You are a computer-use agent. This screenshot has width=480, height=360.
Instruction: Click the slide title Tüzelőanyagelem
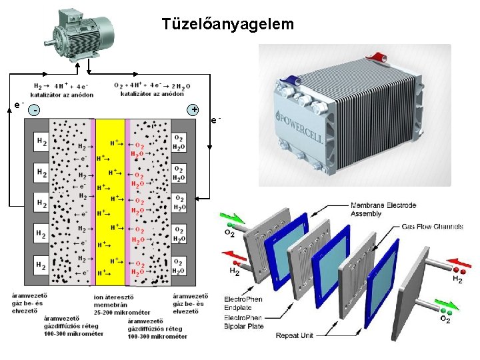pyautogui.click(x=227, y=25)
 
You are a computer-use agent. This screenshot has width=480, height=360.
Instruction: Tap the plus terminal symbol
pyautogui.click(x=194, y=109)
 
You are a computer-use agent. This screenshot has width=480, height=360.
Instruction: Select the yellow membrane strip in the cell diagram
pyautogui.click(x=110, y=197)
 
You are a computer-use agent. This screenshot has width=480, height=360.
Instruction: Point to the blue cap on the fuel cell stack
pyautogui.click(x=290, y=83)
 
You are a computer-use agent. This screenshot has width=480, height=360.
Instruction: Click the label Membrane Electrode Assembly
pyautogui.click(x=383, y=209)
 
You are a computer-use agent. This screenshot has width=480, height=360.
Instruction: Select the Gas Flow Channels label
pyautogui.click(x=432, y=227)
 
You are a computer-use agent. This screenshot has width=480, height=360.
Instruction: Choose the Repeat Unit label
pyautogui.click(x=294, y=335)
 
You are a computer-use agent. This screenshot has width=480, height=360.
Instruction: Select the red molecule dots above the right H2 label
pyautogui.click(x=459, y=269)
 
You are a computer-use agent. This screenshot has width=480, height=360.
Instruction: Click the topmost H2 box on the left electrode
pyautogui.click(x=41, y=142)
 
